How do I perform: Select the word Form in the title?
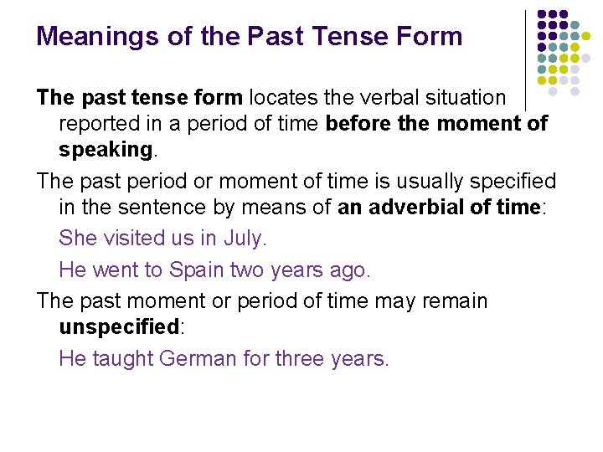click(x=431, y=37)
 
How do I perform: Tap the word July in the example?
click(x=243, y=239)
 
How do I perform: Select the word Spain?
click(x=197, y=270)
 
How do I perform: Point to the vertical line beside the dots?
click(x=526, y=59)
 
